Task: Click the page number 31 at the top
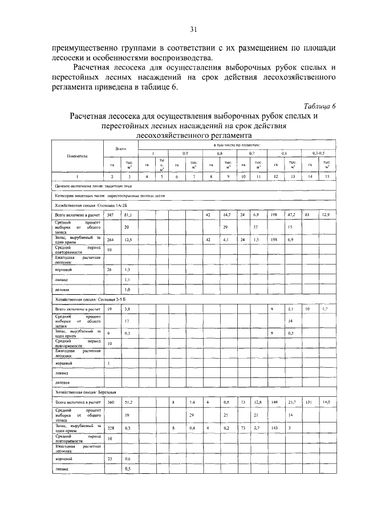tap(193, 29)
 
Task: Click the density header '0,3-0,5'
tap(319, 153)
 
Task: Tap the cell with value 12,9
tap(326, 215)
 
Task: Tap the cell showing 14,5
tap(326, 403)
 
